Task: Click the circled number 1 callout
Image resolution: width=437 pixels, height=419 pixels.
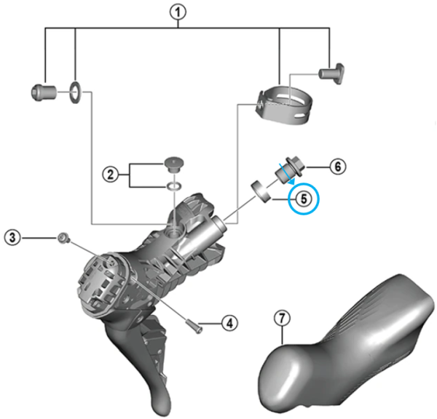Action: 178,12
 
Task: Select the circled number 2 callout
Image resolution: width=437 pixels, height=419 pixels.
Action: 111,175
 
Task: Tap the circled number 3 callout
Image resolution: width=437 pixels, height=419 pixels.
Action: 12,237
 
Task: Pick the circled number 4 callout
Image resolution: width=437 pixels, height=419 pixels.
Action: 229,323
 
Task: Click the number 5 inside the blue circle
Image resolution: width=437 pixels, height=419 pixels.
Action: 304,199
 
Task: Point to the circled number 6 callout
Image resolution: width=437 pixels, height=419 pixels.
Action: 338,167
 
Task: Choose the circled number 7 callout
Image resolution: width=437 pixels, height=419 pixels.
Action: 282,318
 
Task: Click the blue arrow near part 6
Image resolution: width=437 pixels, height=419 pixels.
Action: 288,175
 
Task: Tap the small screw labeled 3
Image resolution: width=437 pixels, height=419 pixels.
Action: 63,239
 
